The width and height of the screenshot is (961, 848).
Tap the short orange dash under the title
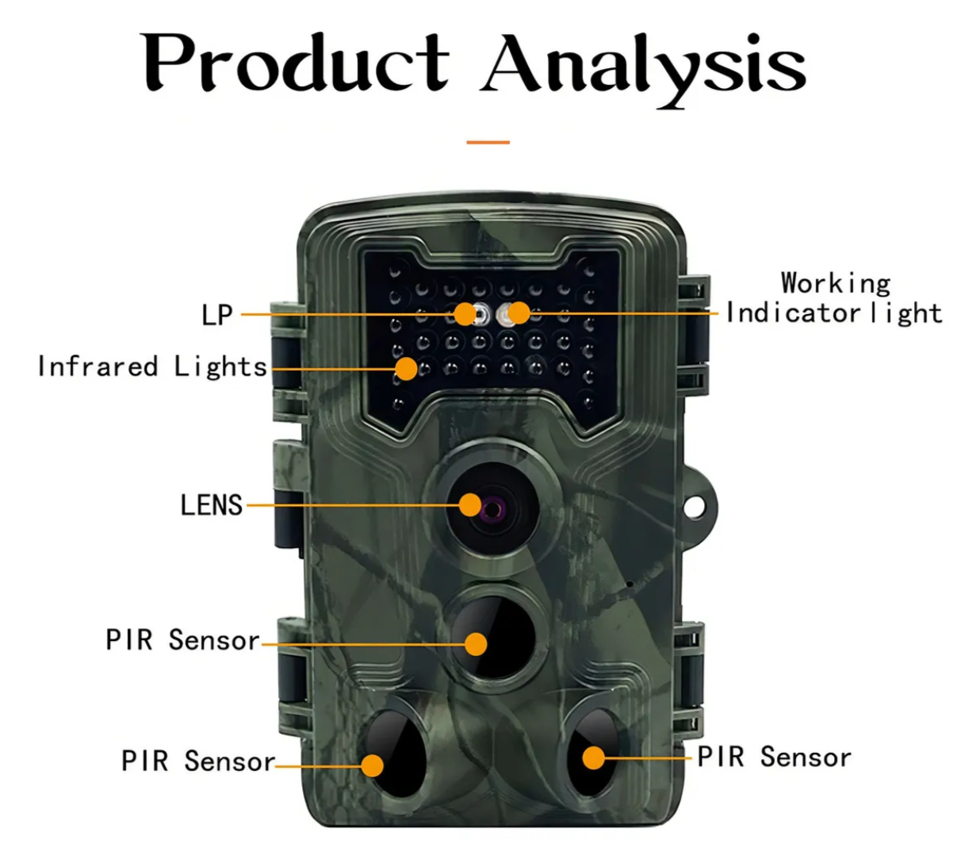click(x=488, y=143)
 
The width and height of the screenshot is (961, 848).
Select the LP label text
click(x=217, y=315)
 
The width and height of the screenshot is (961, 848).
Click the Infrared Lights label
click(x=152, y=366)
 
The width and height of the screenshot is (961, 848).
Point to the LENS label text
click(x=211, y=505)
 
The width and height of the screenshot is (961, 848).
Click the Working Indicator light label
click(x=834, y=298)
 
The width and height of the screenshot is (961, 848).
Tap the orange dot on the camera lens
click(x=471, y=505)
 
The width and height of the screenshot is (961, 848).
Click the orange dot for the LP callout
click(x=465, y=314)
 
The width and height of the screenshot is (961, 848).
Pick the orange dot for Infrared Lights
click(x=406, y=368)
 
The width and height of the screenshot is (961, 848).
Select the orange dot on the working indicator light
click(x=518, y=313)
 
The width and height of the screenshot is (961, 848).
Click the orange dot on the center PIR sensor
click(x=476, y=643)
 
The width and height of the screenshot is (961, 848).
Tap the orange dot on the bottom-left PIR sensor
click(x=373, y=766)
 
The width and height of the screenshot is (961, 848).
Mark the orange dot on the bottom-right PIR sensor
click(x=593, y=758)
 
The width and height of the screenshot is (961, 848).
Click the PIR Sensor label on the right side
click(x=774, y=758)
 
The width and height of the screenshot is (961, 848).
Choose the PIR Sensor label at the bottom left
click(x=197, y=762)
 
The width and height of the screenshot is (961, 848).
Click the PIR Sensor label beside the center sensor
click(x=182, y=640)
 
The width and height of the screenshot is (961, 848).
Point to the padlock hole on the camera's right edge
click(x=696, y=504)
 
